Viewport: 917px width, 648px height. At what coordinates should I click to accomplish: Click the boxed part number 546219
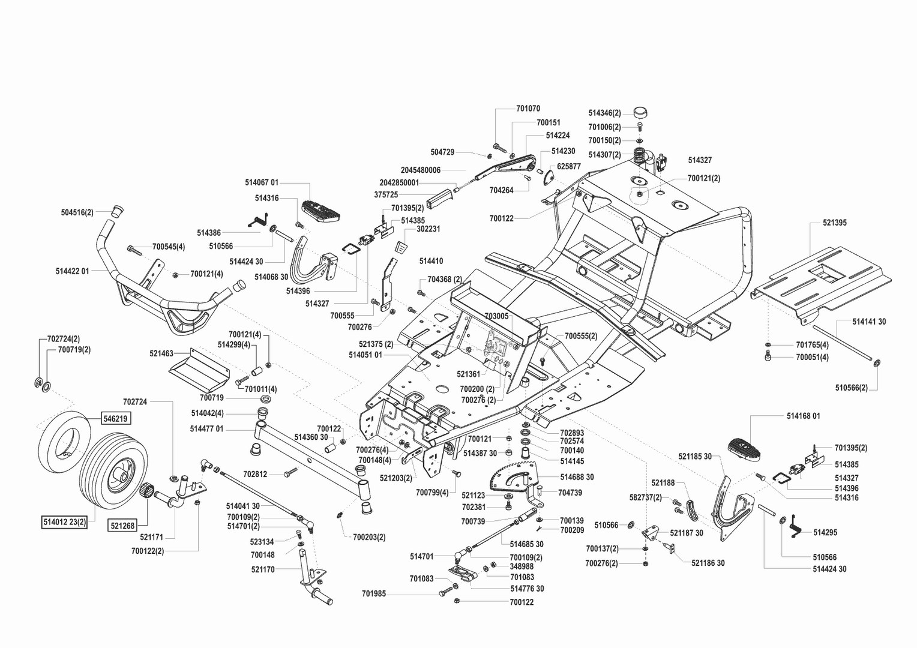(x=115, y=418)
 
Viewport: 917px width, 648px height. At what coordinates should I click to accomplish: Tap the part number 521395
(x=835, y=223)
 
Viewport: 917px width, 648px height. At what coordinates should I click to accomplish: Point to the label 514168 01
(x=803, y=416)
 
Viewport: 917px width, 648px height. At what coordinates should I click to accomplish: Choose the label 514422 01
(x=73, y=271)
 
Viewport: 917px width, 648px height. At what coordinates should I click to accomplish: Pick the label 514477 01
(x=206, y=429)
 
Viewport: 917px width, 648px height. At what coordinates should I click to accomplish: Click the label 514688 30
(x=577, y=477)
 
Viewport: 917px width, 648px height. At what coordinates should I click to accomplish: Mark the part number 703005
(x=496, y=316)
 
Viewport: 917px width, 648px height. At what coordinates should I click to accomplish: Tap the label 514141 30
(x=869, y=322)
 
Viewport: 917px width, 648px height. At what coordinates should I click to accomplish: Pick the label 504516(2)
(x=77, y=212)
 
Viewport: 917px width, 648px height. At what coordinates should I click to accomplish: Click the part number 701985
(x=374, y=593)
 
